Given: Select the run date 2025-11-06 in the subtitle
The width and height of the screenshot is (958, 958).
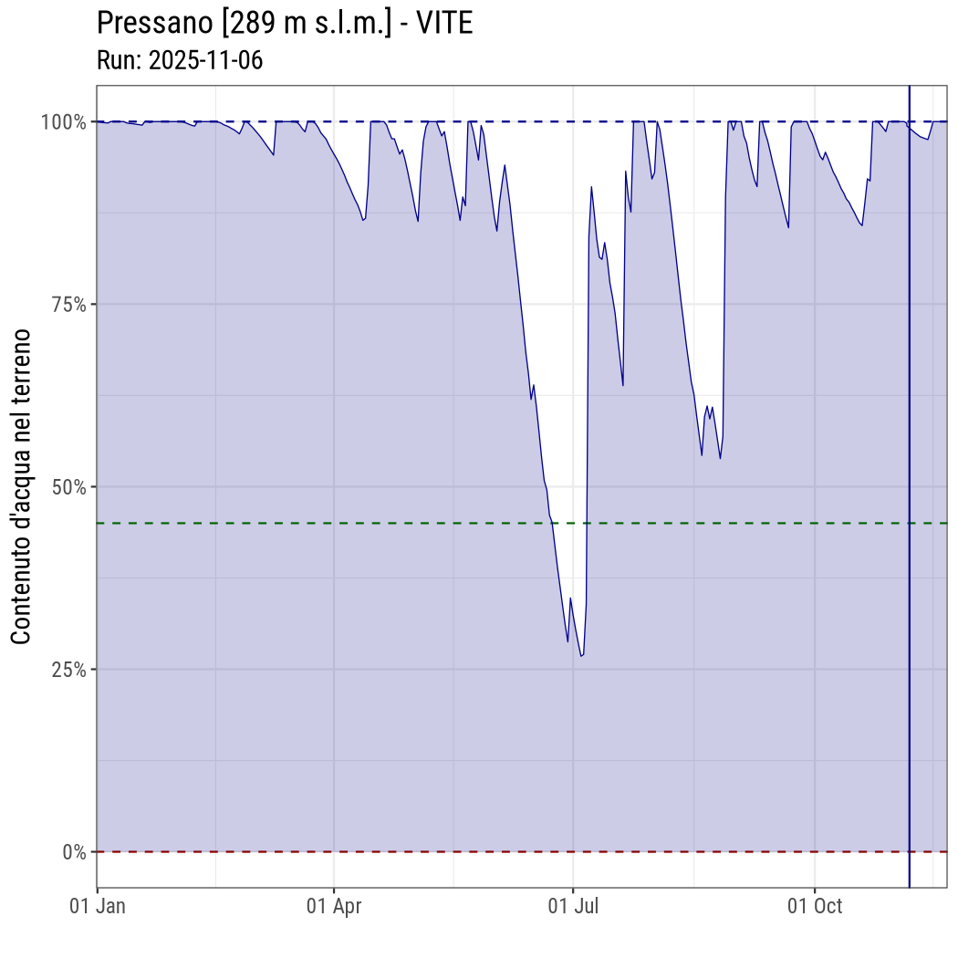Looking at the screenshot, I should [206, 61].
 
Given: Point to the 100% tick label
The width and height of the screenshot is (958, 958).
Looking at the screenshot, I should [63, 121].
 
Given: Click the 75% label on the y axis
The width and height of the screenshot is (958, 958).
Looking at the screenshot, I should [68, 304].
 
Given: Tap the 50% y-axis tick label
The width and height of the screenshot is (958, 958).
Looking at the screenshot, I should [68, 486].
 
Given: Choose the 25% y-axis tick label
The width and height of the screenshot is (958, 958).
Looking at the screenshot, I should [68, 669].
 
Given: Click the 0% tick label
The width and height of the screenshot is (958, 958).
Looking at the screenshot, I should [74, 852].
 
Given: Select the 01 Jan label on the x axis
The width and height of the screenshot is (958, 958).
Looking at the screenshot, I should [98, 907].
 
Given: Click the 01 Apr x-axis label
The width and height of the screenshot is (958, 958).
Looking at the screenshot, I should [334, 907].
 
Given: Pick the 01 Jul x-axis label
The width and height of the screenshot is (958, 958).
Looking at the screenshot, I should [573, 907].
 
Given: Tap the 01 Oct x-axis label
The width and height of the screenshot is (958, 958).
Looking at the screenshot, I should [815, 907].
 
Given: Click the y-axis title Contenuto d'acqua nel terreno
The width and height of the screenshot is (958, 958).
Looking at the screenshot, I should [21, 486].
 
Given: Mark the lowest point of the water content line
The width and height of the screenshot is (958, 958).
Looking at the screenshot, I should [580, 656].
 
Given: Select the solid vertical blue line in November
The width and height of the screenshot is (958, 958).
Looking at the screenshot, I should [910, 456].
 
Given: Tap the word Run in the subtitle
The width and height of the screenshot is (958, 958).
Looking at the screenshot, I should [116, 61].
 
